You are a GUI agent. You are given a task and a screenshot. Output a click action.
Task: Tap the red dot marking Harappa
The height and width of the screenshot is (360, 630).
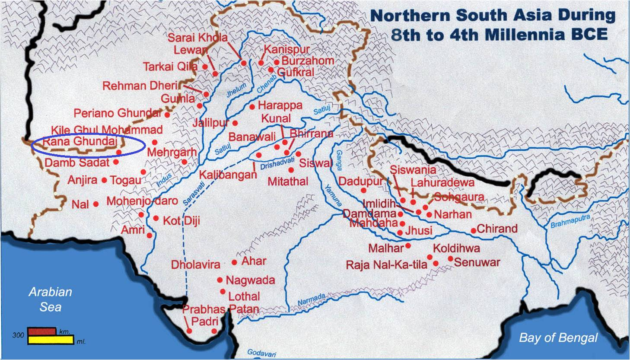pos(252,106)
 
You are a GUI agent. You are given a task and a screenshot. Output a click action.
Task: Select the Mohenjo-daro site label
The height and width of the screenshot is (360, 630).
pos(142,201)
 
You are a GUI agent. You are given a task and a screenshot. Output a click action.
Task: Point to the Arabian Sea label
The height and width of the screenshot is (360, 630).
pos(50,299)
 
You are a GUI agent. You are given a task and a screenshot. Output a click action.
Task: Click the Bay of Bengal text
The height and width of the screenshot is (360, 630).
pos(558,338)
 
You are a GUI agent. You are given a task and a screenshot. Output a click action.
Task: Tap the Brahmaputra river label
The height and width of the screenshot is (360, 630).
pos(570,221)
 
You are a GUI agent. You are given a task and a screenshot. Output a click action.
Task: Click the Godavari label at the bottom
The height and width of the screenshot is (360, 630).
pos(261,352)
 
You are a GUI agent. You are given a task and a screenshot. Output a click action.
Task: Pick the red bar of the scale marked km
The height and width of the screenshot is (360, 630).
pos(42,332)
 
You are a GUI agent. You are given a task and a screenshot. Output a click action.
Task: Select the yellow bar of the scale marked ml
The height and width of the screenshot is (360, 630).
pos(51,340)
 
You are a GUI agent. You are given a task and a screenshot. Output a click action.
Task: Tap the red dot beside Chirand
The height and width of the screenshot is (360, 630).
pos(473,230)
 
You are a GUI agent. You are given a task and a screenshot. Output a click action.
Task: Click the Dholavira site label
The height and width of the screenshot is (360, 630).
pos(195,264)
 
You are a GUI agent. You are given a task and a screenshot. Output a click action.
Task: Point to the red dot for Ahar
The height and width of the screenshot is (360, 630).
pos(234,262)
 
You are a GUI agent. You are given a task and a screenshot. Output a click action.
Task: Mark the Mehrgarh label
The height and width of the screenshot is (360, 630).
pos(172,153)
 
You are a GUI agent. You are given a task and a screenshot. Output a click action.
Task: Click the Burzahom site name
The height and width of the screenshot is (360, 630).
pos(308,61)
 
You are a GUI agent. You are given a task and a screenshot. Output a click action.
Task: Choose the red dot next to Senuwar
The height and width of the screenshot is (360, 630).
pos(450,259)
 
